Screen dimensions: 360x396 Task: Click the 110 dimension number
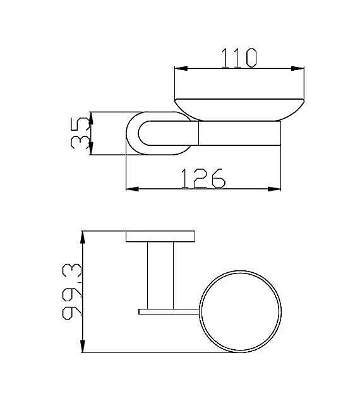coord(239,58)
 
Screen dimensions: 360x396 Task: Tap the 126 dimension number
coord(203,178)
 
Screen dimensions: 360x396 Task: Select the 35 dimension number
coord(80,133)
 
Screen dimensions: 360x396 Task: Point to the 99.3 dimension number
coord(72,291)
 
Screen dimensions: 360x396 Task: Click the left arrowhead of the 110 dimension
coord(181,68)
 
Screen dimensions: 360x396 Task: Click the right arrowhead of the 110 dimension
coord(297,68)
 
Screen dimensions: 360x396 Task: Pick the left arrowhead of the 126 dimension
coord(133,189)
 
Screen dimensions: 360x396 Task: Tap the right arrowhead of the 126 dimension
coord(274,189)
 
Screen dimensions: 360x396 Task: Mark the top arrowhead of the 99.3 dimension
coord(83,237)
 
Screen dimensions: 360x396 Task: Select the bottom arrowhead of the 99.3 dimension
coord(83,346)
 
